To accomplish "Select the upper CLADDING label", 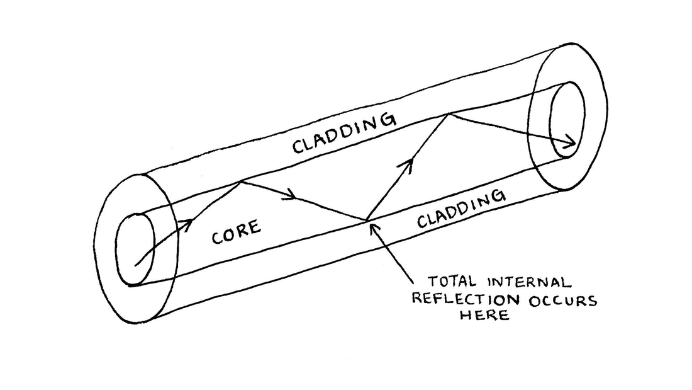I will pos(344,134).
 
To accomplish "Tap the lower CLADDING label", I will pos(461,209).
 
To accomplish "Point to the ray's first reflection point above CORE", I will pos(241,182).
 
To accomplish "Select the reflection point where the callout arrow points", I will pos(366,220).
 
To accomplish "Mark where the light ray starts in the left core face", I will pos(136,265).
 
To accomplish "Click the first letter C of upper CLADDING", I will pos(298,146).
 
